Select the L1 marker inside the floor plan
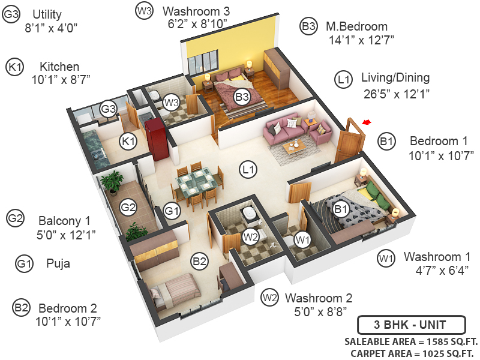click(x=248, y=170)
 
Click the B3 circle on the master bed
click(x=242, y=96)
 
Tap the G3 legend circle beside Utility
click(x=11, y=14)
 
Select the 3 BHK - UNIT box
click(x=411, y=326)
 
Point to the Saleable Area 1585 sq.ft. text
click(x=410, y=341)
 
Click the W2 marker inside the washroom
click(x=251, y=236)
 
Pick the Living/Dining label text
click(x=395, y=78)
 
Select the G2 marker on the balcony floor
click(x=128, y=208)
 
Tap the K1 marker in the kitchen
click(x=128, y=142)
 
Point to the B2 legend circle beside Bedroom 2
click(x=21, y=308)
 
